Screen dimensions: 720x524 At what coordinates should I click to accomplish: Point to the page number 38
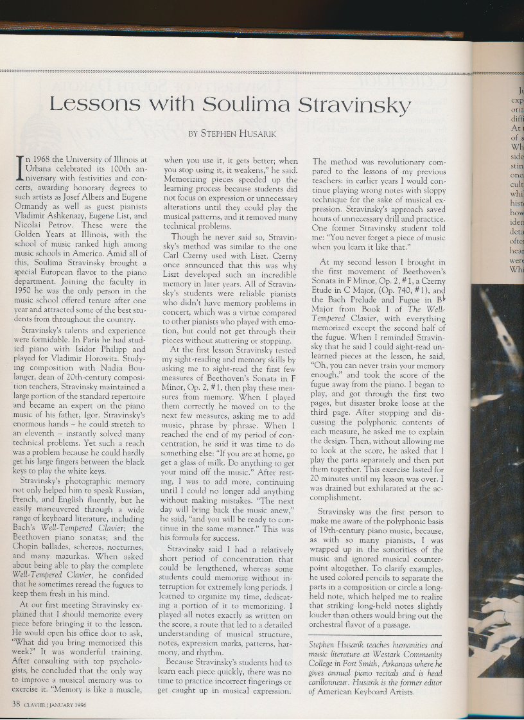click(17, 703)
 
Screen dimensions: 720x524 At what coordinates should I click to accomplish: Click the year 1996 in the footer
click(76, 704)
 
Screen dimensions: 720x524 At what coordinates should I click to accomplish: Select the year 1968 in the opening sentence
click(46, 159)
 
